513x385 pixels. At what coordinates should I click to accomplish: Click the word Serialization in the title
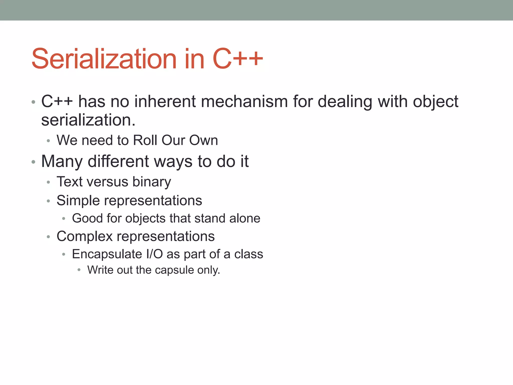click(104, 59)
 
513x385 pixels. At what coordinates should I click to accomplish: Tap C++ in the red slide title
click(237, 59)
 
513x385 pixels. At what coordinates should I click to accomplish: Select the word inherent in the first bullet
click(165, 102)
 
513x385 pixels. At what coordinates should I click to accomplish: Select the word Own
click(203, 140)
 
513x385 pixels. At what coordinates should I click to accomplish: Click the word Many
click(62, 162)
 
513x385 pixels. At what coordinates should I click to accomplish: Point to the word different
click(118, 161)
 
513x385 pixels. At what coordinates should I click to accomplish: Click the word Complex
click(85, 237)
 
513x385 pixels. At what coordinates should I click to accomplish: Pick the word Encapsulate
click(107, 254)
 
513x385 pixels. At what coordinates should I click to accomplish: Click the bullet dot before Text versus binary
click(49, 182)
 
